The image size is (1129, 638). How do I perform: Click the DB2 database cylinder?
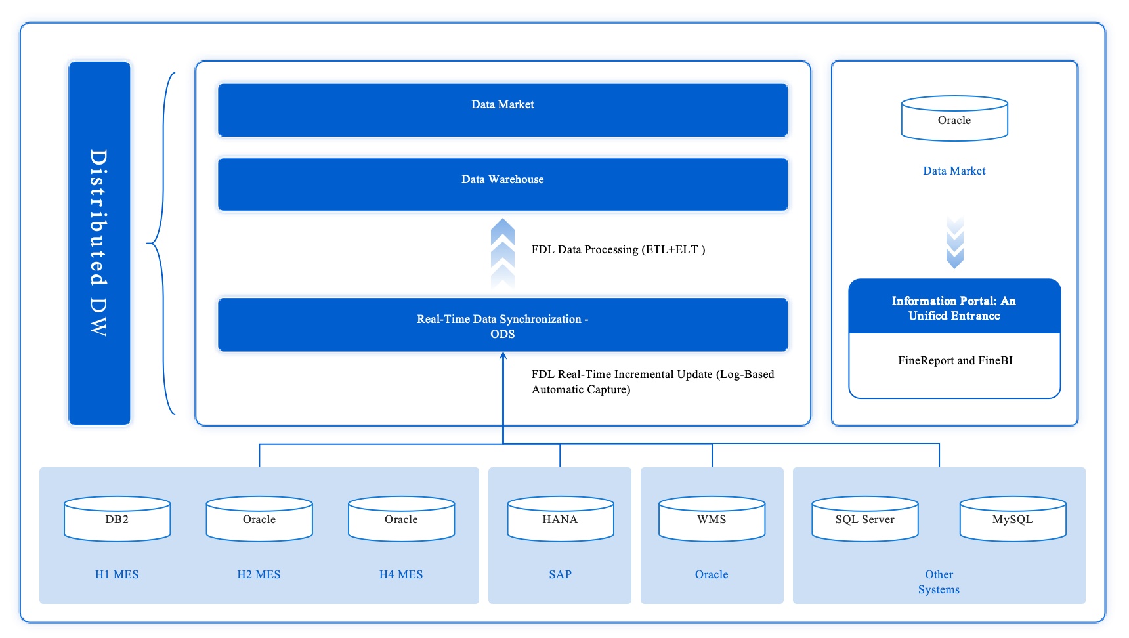click(117, 519)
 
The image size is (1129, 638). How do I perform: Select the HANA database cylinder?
click(560, 519)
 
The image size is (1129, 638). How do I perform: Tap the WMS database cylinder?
click(712, 519)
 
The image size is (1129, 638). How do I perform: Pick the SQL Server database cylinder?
click(864, 519)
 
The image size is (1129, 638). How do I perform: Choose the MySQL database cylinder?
click(1012, 519)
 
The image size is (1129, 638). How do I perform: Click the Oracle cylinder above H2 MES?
click(259, 519)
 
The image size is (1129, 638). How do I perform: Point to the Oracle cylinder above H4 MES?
click(401, 519)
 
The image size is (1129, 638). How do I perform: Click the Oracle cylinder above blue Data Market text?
click(954, 119)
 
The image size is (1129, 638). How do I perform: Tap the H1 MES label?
click(117, 574)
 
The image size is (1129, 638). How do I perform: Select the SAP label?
click(560, 574)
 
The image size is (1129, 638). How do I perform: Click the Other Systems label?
click(939, 582)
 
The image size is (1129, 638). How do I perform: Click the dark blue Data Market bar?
click(502, 110)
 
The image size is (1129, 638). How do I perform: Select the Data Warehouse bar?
click(502, 184)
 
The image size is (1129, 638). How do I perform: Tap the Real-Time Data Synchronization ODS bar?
click(502, 325)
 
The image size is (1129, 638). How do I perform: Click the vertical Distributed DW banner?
click(99, 243)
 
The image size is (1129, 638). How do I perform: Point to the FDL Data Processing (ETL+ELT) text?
click(618, 249)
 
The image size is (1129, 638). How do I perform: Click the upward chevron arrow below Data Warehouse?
click(503, 253)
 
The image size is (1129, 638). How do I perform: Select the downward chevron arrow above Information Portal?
click(954, 243)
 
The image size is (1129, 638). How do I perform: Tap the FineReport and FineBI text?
click(954, 360)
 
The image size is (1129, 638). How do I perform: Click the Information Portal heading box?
click(954, 308)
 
